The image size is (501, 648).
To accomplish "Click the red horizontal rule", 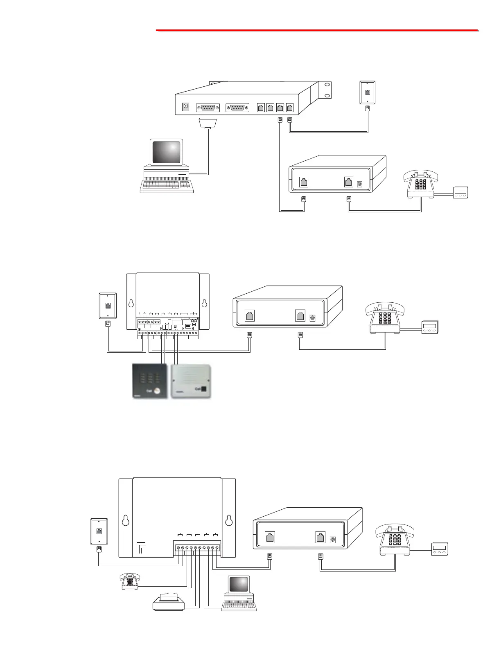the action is (317, 30).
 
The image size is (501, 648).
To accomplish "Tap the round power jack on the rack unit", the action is (185, 107).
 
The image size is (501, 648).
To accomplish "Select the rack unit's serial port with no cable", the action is (237, 108).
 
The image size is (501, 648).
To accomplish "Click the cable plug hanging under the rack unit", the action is (208, 123).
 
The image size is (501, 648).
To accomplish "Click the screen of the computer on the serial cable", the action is (166, 152).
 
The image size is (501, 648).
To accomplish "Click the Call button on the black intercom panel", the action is (157, 391).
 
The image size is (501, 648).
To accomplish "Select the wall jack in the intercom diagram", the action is (108, 305).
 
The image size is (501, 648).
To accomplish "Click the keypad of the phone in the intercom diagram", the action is (385, 319).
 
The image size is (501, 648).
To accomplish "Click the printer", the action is (169, 601).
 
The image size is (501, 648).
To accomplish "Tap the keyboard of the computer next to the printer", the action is (239, 607).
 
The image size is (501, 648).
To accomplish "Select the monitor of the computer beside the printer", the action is (239, 585).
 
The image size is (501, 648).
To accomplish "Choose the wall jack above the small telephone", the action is (99, 531).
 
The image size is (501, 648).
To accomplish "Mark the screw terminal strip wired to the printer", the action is (197, 548).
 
